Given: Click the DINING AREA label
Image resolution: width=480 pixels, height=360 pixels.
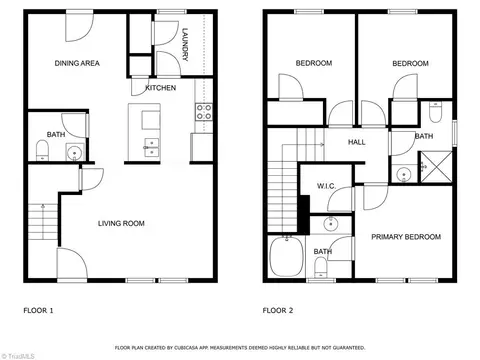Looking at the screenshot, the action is (x=77, y=63).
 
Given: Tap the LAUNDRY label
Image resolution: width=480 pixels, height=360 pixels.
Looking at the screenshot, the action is (x=185, y=44).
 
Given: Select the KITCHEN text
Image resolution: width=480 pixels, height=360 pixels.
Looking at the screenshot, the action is (x=161, y=88).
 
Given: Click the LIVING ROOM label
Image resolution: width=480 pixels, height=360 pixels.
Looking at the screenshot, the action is (x=121, y=223).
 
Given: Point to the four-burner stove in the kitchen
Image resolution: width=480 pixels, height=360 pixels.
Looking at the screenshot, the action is (x=204, y=112).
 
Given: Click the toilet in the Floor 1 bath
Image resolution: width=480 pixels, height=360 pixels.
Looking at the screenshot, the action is (x=42, y=150).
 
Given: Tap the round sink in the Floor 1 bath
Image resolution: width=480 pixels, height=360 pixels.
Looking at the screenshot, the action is (x=75, y=153).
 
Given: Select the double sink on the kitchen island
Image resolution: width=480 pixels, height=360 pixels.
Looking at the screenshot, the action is (x=152, y=147).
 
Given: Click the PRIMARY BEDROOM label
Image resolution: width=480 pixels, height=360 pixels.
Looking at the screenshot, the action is (x=406, y=237).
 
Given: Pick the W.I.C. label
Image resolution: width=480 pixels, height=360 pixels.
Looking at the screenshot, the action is (x=326, y=186).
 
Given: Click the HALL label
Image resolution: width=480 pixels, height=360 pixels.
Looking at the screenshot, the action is (x=357, y=142).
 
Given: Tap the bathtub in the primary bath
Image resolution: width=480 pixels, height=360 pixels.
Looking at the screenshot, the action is (x=286, y=256).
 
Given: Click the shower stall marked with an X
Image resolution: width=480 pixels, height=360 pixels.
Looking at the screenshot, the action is (x=436, y=167).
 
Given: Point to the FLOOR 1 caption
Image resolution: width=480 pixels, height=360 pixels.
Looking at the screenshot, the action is (x=38, y=311).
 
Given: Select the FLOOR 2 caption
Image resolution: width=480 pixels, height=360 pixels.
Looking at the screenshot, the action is (x=278, y=311).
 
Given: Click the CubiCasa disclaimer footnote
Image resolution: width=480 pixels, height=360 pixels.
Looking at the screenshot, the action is (x=240, y=348).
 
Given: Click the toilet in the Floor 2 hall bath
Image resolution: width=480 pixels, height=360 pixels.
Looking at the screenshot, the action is (x=435, y=112).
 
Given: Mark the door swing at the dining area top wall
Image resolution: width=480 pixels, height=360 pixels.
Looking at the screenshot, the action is (x=79, y=27).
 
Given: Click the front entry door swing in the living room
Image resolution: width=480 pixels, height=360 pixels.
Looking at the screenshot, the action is (x=72, y=263).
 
